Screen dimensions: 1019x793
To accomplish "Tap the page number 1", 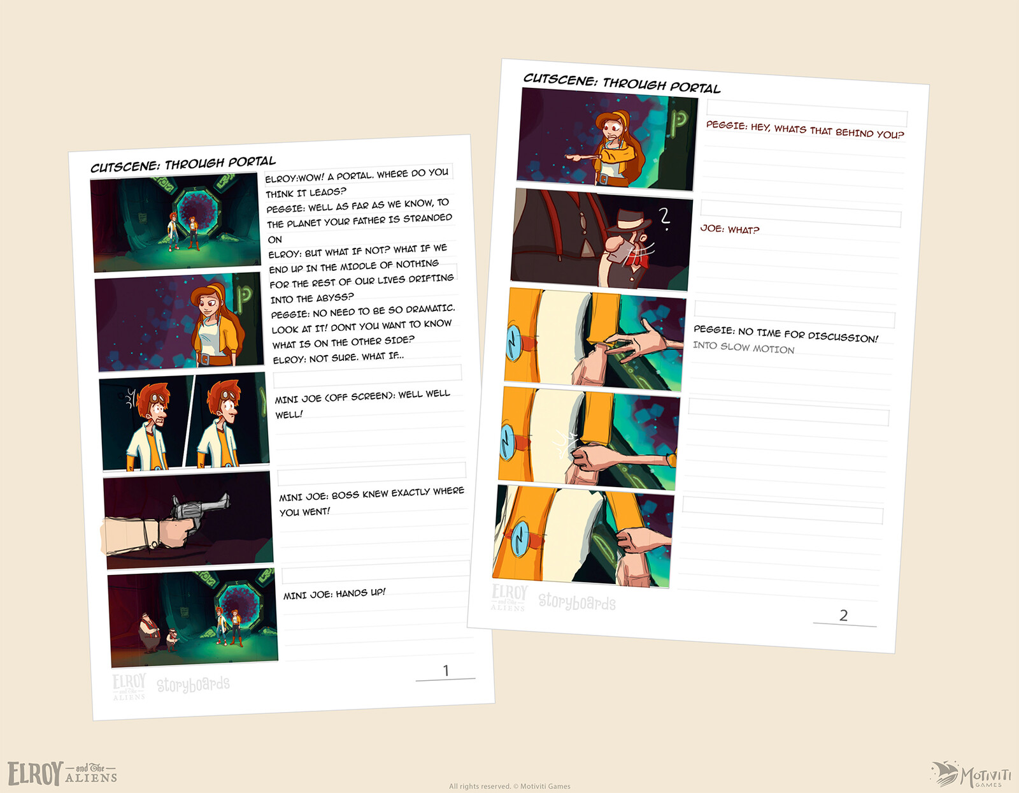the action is click(x=446, y=671).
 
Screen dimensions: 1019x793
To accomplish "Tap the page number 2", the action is click(x=843, y=615).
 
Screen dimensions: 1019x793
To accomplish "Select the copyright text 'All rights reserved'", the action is click(x=480, y=786).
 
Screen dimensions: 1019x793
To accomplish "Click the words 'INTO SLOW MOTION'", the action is click(x=743, y=347).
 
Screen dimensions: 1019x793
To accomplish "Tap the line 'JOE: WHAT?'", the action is click(x=729, y=229).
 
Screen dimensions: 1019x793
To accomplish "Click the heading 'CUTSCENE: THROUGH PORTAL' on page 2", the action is click(x=622, y=83).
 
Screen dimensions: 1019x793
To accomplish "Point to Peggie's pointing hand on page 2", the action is click(x=578, y=157).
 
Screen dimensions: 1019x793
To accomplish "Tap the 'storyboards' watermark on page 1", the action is click(x=193, y=685).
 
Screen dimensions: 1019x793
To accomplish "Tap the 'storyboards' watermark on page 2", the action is click(x=577, y=601).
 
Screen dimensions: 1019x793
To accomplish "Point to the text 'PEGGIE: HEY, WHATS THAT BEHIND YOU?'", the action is click(x=805, y=130).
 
